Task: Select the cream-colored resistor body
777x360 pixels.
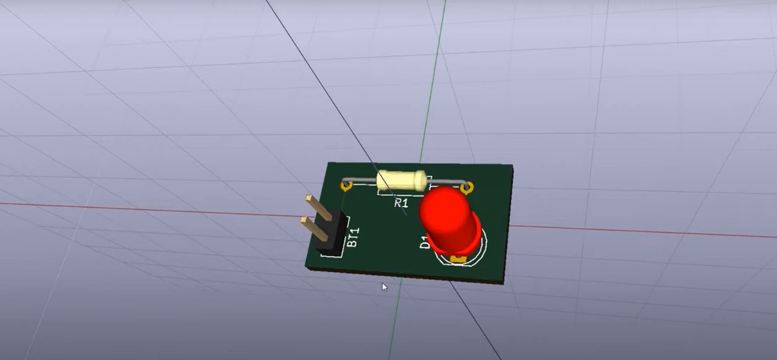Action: point(402,180)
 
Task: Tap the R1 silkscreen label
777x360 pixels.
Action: point(401,203)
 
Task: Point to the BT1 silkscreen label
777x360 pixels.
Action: point(353,237)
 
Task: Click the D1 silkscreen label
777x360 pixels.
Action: point(424,242)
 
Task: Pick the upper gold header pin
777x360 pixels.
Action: point(319,208)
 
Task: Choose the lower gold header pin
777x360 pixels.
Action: point(314,229)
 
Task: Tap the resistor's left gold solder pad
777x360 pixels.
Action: point(346,187)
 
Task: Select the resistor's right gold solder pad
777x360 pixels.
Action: point(467,188)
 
